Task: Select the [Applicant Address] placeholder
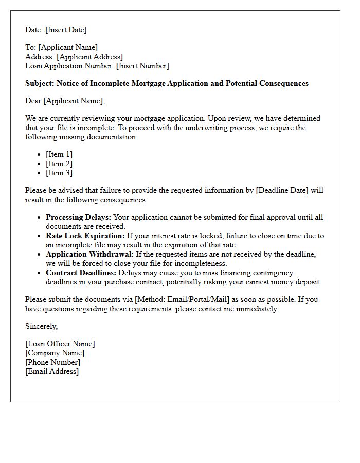pyautogui.click(x=89, y=57)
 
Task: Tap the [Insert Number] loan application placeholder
pyautogui.click(x=142, y=66)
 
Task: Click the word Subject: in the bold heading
pyautogui.click(x=40, y=83)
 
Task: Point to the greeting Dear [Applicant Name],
pyautogui.click(x=65, y=101)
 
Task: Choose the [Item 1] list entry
pyautogui.click(x=59, y=154)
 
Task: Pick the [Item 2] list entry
pyautogui.click(x=59, y=164)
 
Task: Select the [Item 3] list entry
pyautogui.click(x=59, y=173)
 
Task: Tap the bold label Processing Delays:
pyautogui.click(x=78, y=217)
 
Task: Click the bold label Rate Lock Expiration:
pyautogui.click(x=85, y=236)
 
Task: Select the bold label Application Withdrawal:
pyautogui.click(x=90, y=254)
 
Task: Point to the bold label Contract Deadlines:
pyautogui.click(x=81, y=273)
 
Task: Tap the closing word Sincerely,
pyautogui.click(x=42, y=326)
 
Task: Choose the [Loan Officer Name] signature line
pyautogui.click(x=60, y=344)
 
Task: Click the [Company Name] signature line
pyautogui.click(x=55, y=353)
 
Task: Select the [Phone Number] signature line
pyautogui.click(x=53, y=362)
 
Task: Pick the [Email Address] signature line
pyautogui.click(x=52, y=371)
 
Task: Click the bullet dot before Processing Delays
pyautogui.click(x=39, y=218)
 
